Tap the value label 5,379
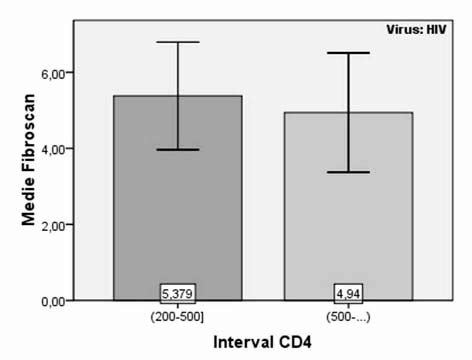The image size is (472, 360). coord(178,292)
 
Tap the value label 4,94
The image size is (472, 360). coord(348,292)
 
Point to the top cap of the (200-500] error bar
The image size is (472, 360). coord(178,42)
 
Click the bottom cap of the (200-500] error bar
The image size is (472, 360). coord(178,149)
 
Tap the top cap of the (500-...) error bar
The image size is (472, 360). coord(348,53)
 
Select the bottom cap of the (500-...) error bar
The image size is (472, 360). coord(348,172)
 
